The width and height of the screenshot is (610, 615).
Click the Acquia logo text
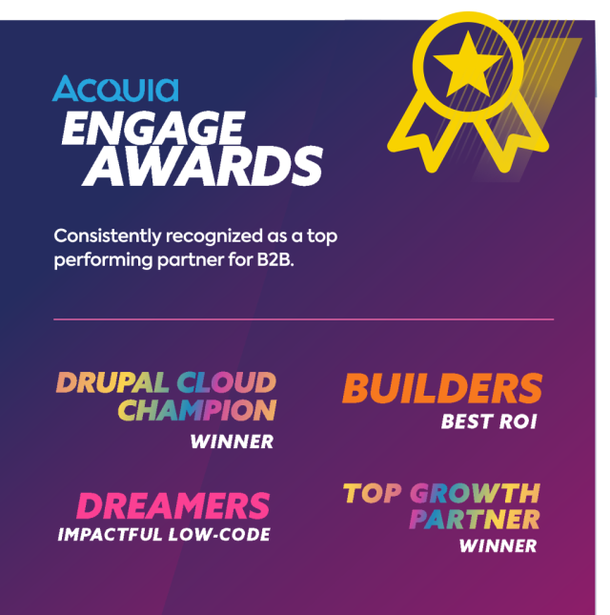114,90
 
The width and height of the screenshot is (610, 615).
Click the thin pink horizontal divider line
303,318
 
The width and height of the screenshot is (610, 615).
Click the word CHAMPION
195,411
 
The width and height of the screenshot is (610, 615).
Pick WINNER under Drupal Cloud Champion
232,441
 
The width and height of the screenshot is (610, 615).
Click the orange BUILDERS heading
442,389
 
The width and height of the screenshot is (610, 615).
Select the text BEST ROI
489,421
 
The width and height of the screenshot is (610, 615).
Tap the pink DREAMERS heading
173,505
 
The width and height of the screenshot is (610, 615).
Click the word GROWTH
475,494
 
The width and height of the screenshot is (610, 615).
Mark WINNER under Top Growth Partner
498,547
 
